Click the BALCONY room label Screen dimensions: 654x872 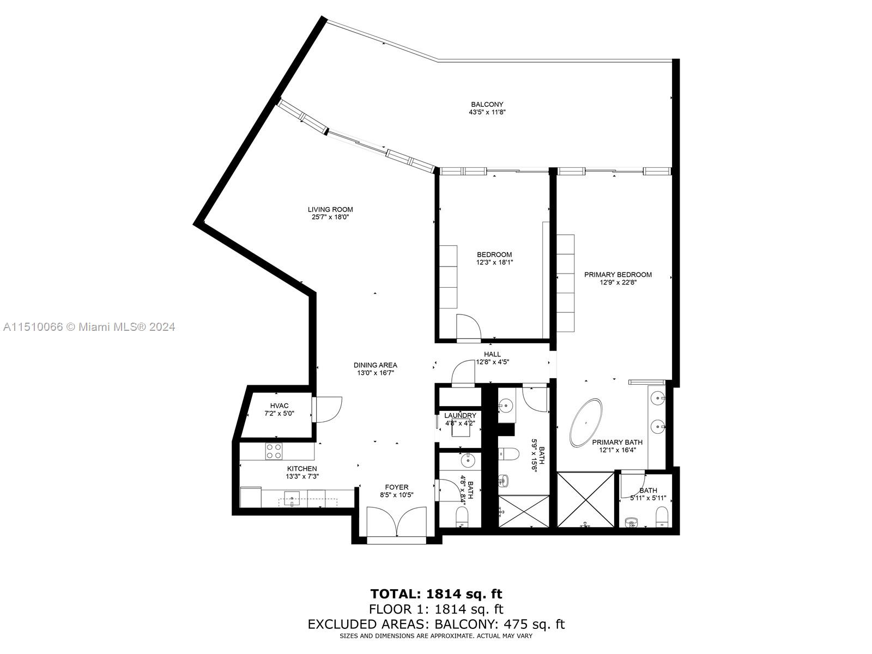pyautogui.click(x=487, y=105)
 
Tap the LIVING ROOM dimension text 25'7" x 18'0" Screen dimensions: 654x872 pyautogui.click(x=330, y=217)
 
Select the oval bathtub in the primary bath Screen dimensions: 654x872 pyautogui.click(x=586, y=423)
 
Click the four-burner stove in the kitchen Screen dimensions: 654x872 pyautogui.click(x=274, y=451)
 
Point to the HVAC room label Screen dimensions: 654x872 pyautogui.click(x=279, y=405)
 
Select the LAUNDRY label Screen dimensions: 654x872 pyautogui.click(x=460, y=416)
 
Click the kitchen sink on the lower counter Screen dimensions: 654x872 pyautogui.click(x=291, y=498)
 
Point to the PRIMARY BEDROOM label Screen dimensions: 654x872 pyautogui.click(x=617, y=275)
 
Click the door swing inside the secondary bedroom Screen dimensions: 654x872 pyautogui.click(x=469, y=327)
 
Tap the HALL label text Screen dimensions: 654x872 pyautogui.click(x=492, y=354)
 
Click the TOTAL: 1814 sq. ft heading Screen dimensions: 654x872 pyautogui.click(x=436, y=594)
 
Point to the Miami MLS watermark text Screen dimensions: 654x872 pyautogui.click(x=89, y=327)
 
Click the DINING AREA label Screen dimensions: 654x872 pyautogui.click(x=375, y=365)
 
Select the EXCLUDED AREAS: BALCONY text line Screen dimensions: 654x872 pyautogui.click(x=436, y=624)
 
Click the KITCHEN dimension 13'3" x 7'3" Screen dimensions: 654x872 pyautogui.click(x=302, y=476)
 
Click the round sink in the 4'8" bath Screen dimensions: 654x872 pyautogui.click(x=468, y=461)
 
